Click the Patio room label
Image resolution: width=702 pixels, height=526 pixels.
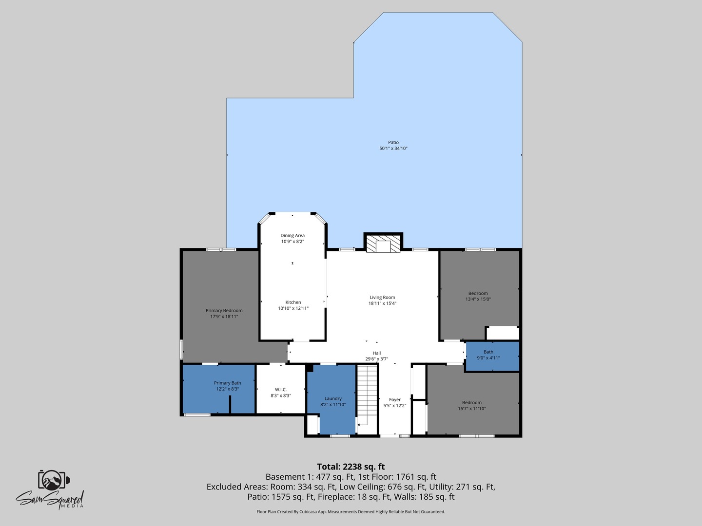tap(393, 143)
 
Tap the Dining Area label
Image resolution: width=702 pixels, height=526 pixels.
tap(292, 236)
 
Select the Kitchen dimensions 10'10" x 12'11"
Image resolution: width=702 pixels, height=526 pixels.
tap(293, 308)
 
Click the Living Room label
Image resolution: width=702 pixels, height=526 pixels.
tap(382, 298)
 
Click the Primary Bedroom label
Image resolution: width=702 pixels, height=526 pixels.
tap(224, 311)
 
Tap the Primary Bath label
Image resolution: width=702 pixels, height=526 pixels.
tap(227, 383)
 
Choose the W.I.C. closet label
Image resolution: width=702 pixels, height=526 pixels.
tap(281, 390)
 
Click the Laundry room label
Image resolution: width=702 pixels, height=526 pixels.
tap(333, 399)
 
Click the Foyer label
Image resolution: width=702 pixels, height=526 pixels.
tap(394, 400)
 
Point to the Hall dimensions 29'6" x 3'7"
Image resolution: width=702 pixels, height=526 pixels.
tap(376, 359)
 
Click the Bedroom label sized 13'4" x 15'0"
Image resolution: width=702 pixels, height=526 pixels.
tap(478, 294)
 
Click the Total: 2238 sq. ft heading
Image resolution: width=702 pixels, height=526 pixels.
tap(351, 467)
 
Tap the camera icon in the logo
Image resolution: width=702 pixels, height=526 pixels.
tap(52, 480)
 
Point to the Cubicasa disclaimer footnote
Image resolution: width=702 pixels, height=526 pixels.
tap(351, 512)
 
